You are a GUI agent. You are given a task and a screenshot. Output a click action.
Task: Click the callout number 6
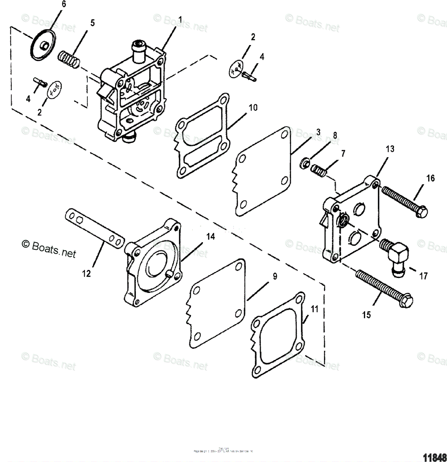click(63, 4)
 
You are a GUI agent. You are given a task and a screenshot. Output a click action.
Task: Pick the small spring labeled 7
click(319, 170)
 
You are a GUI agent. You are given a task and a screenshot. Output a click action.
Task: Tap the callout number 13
click(390, 149)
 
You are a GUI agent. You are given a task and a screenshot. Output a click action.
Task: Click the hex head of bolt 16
click(422, 211)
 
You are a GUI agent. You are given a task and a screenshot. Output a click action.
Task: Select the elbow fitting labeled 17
click(393, 254)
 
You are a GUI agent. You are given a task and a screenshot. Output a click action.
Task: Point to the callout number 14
click(210, 237)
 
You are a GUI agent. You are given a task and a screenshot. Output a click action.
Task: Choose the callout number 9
click(275, 276)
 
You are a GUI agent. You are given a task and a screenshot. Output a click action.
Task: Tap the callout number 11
click(315, 308)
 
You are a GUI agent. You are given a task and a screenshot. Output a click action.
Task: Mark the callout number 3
click(318, 132)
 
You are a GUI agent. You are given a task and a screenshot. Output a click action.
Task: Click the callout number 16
click(430, 178)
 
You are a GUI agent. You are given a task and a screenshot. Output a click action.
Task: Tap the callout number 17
click(423, 276)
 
